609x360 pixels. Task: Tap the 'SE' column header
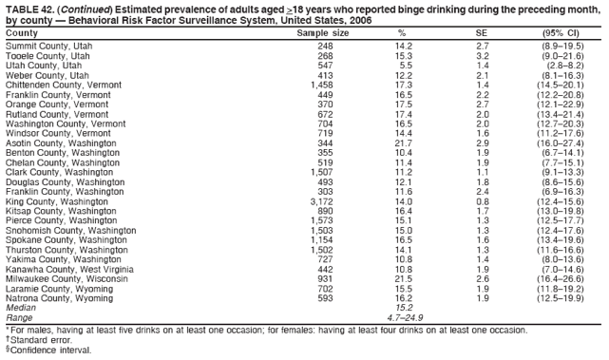click(481, 33)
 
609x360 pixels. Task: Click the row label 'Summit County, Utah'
click(49, 46)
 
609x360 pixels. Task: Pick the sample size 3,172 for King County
click(321, 201)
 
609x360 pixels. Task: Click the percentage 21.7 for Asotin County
click(403, 142)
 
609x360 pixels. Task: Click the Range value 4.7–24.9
click(403, 318)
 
